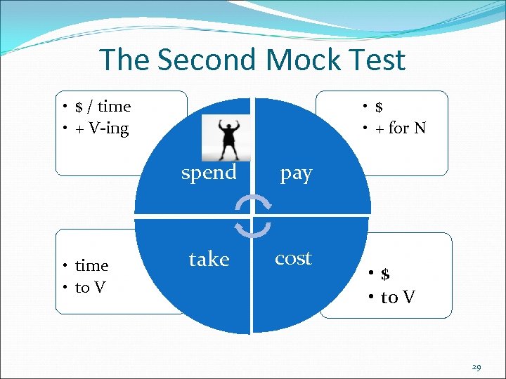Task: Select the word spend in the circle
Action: [x=209, y=173]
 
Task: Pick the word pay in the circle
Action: [x=296, y=173]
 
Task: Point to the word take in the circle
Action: [x=209, y=260]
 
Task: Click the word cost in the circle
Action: [x=293, y=258]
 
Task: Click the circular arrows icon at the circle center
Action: [x=252, y=217]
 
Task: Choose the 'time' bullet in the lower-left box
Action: [x=91, y=265]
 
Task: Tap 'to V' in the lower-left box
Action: [x=90, y=287]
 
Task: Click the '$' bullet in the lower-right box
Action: [x=385, y=274]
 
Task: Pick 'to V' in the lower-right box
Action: [x=397, y=298]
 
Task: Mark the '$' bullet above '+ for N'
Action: [x=379, y=107]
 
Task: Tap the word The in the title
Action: [x=125, y=60]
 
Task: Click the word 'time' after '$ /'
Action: [x=114, y=107]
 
